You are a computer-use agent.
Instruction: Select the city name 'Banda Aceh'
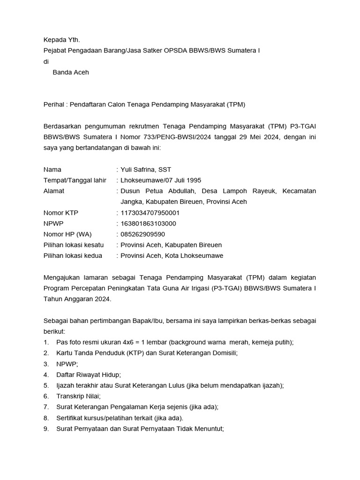click(71, 72)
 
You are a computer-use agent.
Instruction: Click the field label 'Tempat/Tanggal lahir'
click(75, 180)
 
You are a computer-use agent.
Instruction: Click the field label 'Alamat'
click(54, 191)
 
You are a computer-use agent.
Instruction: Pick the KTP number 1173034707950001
click(150, 212)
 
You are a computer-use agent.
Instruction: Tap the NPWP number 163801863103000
click(149, 223)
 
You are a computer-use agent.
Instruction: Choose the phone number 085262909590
click(143, 234)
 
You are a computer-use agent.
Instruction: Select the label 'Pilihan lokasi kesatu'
click(74, 245)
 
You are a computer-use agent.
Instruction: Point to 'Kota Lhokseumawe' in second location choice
click(194, 255)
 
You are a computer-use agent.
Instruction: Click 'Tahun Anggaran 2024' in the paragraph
click(77, 299)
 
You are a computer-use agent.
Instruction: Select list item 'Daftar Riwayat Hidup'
click(89, 375)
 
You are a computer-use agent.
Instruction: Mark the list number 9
click(46, 428)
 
